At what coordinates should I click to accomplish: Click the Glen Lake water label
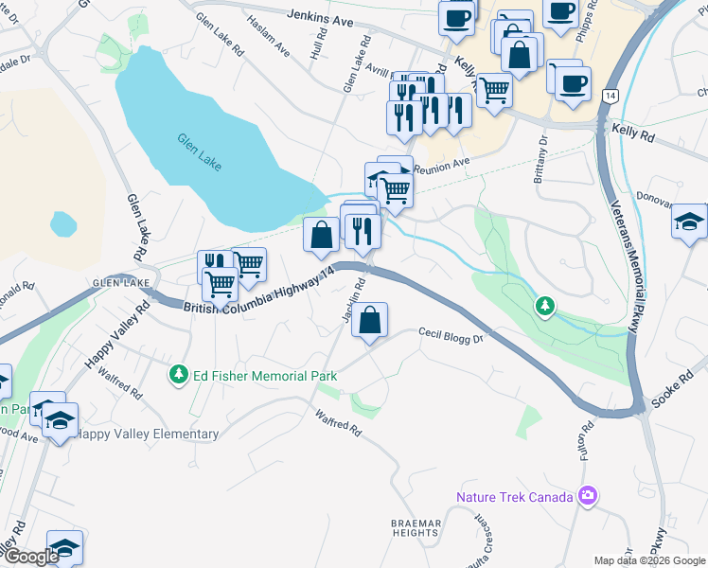199,151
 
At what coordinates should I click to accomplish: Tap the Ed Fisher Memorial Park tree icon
178,376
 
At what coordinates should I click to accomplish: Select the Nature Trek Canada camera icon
588,496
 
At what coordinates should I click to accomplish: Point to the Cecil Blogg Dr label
451,335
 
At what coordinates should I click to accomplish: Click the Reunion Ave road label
442,165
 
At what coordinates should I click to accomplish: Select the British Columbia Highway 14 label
260,289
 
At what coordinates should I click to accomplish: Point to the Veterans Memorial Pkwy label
626,269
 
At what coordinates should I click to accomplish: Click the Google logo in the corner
30,557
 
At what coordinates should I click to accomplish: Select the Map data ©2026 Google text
648,560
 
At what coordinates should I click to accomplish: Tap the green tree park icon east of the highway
544,306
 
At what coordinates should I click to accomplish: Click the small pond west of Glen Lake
63,223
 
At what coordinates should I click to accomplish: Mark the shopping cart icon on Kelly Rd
494,91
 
